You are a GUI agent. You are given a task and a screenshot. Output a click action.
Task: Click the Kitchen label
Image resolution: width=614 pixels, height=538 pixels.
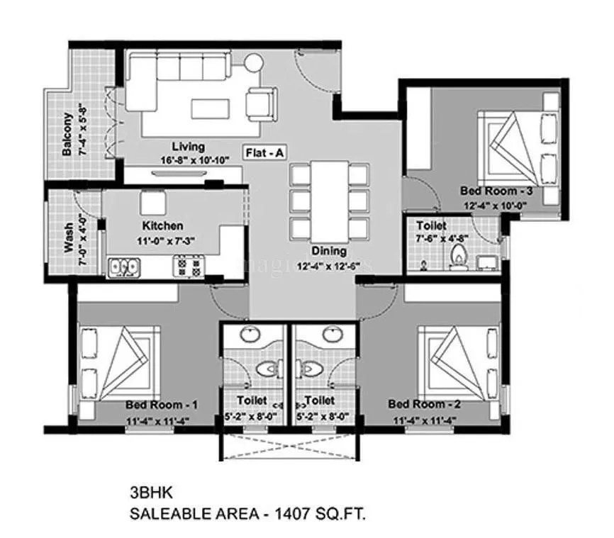tap(163, 226)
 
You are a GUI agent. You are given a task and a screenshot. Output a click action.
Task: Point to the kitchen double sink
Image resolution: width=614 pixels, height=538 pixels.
tap(125, 267)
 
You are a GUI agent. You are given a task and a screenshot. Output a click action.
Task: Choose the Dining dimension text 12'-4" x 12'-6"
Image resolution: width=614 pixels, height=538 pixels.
tap(330, 265)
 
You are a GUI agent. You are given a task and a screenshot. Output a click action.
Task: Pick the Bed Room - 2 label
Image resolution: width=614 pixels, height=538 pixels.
tap(418, 403)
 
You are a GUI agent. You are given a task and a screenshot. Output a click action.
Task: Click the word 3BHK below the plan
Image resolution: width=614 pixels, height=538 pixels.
tap(147, 490)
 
